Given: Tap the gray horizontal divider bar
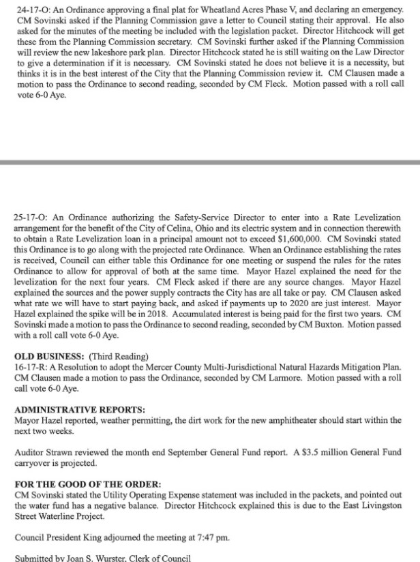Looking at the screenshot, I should click(x=210, y=162).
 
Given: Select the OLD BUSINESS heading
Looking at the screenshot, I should click(x=45, y=356).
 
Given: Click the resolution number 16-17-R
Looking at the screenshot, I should click(x=29, y=367).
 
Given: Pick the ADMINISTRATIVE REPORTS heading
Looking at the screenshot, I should click(x=79, y=410).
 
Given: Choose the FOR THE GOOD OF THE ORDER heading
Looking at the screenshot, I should click(x=87, y=484).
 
